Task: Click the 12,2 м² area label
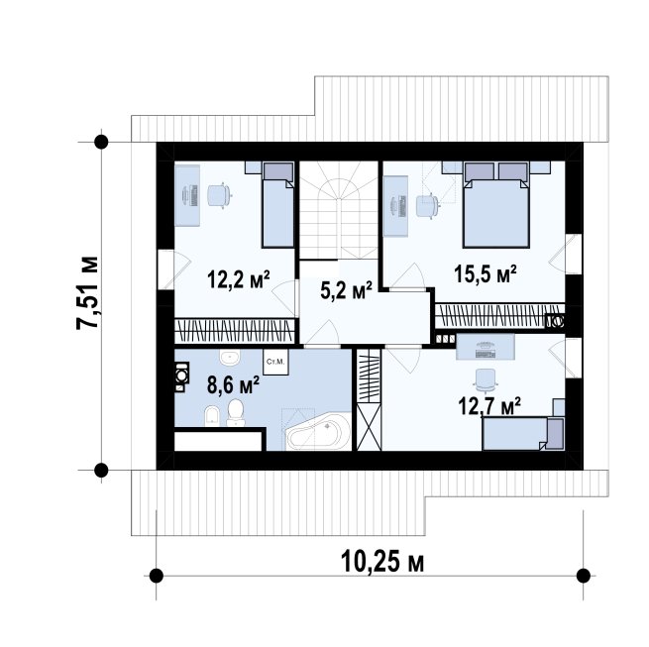pos(239,279)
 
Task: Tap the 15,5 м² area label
pos(486,273)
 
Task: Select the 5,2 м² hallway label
pos(346,289)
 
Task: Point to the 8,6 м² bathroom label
pos(234,385)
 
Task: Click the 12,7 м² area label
pos(489,405)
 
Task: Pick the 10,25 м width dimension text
pos(382,562)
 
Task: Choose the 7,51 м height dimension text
pos(87,293)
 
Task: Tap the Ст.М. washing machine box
pos(275,363)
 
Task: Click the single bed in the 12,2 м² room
pos(278,205)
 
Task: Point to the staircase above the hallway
pos(339,210)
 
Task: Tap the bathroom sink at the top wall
pos(230,358)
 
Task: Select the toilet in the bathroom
pos(236,412)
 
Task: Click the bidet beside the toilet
pos(212,415)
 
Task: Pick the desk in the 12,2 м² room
pos(187,195)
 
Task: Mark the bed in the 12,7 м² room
pos(523,434)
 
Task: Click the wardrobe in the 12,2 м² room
pos(234,331)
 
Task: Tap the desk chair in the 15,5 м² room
pos(426,205)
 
